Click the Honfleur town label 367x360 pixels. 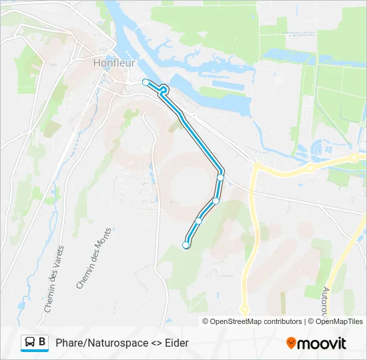tap(115, 63)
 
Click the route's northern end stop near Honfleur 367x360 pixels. tap(146, 82)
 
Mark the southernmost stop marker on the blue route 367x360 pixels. tap(186, 245)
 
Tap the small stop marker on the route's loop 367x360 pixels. tap(163, 89)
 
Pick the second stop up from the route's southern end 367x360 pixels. tap(199, 221)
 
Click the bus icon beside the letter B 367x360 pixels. tap(30, 342)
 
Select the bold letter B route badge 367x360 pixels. tap(42, 342)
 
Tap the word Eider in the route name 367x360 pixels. tap(177, 343)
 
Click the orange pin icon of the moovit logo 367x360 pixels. tap(291, 343)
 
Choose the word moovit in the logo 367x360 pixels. tap(322, 343)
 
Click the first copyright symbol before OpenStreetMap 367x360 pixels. tap(206, 321)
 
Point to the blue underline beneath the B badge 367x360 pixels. tap(35, 351)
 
